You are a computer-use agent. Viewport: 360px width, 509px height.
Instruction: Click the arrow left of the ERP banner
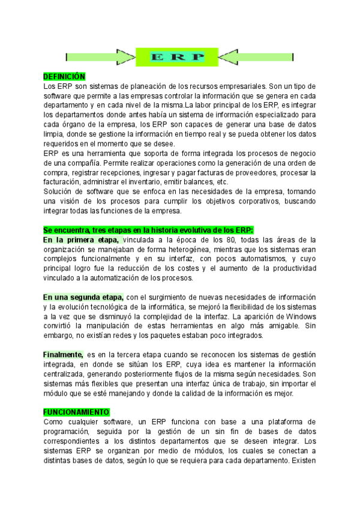click(100, 57)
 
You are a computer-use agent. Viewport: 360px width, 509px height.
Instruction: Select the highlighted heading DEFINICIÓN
click(64, 77)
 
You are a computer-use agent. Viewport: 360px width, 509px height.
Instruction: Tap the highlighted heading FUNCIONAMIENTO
click(77, 412)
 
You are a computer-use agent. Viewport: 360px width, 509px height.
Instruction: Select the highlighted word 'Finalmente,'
click(63, 355)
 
